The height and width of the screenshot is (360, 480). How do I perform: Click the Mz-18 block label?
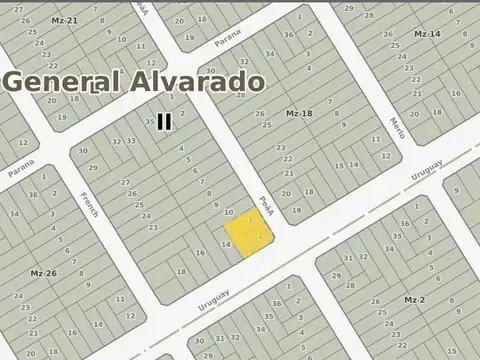point(299,114)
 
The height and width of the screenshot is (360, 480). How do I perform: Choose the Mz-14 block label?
point(427,34)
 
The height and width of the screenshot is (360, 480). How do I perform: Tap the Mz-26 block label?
point(42,273)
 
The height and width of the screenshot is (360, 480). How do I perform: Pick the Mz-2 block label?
point(415,300)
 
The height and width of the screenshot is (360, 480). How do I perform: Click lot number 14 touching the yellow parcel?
point(226,244)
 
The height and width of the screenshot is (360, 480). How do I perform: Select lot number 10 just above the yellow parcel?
point(229,213)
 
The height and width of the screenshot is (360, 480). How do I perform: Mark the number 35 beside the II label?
point(150,122)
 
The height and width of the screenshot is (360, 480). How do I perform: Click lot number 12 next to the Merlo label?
point(385,155)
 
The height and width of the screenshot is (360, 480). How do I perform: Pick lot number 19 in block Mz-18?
point(296,210)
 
